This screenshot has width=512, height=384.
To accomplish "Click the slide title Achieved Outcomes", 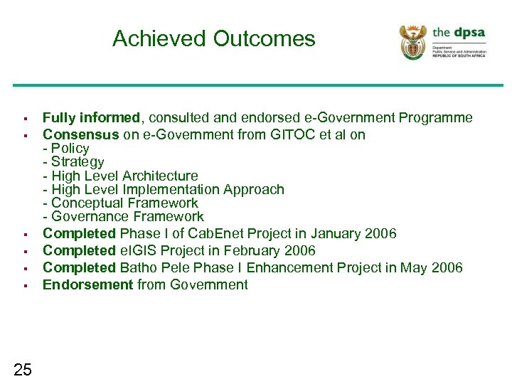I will tap(213, 38).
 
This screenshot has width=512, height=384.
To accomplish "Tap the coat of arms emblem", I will tap(413, 42).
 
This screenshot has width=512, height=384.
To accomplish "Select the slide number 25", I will tap(23, 368).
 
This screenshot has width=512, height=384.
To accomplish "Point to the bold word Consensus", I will tap(81, 134).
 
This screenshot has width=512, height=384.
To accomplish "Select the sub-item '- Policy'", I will tap(66, 149).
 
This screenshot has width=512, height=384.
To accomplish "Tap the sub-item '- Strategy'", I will tap(73, 162).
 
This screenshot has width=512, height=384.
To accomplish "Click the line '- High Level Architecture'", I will tap(120, 176).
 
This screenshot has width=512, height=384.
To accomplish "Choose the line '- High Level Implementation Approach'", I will tap(163, 189).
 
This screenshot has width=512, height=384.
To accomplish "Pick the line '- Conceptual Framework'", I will tap(120, 203).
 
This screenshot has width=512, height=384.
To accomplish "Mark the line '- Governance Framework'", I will tap(123, 216).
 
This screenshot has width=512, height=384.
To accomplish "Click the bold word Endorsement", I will tap(87, 285).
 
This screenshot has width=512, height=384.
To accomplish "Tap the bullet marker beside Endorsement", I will tap(24, 286).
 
